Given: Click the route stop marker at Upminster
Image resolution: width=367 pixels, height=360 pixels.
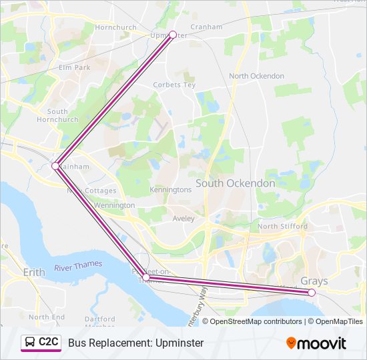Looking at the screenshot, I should click(x=173, y=35).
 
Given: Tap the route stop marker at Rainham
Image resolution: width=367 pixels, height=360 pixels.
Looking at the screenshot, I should click(x=55, y=165).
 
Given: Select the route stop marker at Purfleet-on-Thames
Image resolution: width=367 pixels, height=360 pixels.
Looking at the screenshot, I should click(x=146, y=277).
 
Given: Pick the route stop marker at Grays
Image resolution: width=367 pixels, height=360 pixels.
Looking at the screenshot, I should click(x=312, y=292).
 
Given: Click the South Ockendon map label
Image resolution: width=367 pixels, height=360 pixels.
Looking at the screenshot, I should click(x=235, y=183).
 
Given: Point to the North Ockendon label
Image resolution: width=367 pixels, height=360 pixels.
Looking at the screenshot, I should click(x=257, y=76).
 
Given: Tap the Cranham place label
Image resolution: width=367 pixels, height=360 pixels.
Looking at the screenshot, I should click(x=206, y=27).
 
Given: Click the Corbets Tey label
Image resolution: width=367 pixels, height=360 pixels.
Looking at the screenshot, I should click(x=174, y=85).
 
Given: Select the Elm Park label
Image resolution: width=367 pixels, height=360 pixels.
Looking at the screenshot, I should click(x=74, y=67).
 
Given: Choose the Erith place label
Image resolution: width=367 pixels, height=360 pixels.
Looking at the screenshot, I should click(x=33, y=273).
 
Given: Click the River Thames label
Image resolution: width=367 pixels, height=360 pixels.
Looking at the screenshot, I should click(x=79, y=265).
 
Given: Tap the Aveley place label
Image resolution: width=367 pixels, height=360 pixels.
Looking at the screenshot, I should click(x=183, y=218).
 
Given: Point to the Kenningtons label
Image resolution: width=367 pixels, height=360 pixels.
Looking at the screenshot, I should click(x=171, y=189).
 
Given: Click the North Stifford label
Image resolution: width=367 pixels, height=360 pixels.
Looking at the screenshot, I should click(x=282, y=227).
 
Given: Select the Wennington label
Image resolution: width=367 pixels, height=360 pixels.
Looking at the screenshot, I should click(x=114, y=205).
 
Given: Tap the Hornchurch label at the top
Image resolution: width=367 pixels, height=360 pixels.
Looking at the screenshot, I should click(x=115, y=27).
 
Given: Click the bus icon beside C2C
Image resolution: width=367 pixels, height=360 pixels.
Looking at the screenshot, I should click(x=30, y=343).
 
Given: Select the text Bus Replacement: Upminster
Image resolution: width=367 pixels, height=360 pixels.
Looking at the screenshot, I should click(x=135, y=343).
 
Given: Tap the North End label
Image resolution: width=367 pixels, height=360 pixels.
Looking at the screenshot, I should click(x=47, y=317).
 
